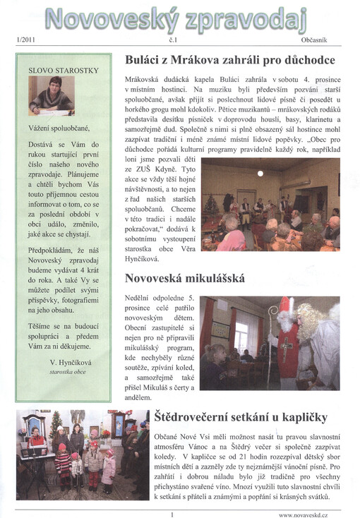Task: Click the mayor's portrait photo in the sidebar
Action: pos(52,96)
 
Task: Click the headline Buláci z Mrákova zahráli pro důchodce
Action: pos(229,61)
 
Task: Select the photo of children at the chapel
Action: pos(83,454)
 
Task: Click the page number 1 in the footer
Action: pos(172,514)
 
